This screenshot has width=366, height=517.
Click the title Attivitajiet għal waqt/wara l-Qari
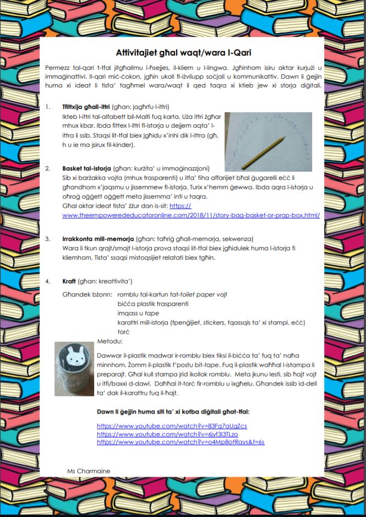point(183,53)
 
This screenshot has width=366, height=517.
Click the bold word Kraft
point(69,281)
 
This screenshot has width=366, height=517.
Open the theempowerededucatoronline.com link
point(191,215)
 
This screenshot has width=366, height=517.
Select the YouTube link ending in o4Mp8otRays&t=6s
point(181,442)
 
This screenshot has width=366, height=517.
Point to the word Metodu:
point(108,341)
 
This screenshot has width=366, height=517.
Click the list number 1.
point(48,107)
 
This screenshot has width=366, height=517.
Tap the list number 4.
point(48,281)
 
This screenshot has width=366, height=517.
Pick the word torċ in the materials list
point(123,332)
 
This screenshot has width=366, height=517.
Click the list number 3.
point(48,239)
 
